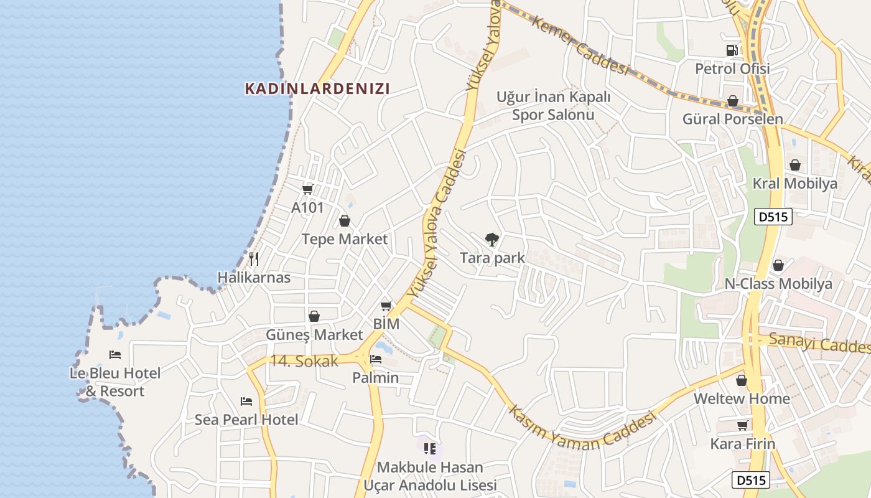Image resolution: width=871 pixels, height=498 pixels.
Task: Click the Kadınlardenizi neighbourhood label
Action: [317, 88]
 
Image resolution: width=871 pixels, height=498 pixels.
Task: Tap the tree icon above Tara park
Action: [491, 240]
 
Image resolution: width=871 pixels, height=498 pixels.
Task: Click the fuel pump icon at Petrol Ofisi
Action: [732, 50]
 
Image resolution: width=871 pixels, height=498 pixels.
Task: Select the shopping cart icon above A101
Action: [307, 189]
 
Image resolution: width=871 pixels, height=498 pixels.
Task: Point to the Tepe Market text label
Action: [345, 239]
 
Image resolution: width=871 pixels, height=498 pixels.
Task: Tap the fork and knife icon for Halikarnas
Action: [254, 258]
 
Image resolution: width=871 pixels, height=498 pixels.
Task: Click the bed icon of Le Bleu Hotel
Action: [115, 355]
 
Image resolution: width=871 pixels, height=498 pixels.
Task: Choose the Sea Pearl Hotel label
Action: [246, 420]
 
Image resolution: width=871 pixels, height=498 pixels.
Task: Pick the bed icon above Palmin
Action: [376, 359]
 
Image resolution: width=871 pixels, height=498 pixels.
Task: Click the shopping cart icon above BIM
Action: [386, 306]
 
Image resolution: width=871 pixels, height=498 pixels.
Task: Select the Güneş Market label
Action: [314, 335]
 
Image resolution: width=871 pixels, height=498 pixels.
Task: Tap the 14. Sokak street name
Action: [304, 360]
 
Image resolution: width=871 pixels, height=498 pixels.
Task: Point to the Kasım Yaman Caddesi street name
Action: [582, 429]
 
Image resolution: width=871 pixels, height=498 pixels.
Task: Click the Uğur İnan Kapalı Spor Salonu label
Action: [553, 106]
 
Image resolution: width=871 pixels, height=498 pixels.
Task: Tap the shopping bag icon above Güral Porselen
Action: [733, 101]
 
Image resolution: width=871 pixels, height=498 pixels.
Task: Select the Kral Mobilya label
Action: [795, 184]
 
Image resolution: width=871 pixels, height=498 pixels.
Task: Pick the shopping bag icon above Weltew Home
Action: [742, 380]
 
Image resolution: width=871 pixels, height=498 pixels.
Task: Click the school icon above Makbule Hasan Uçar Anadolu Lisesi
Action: [429, 448]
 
